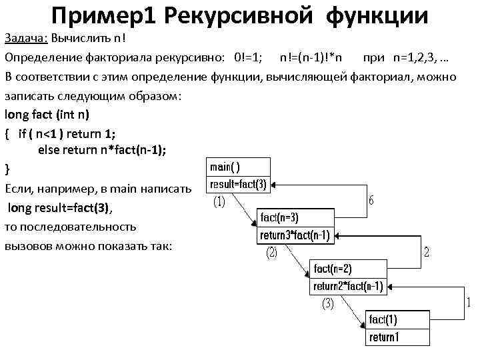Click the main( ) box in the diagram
pyautogui.click(x=239, y=167)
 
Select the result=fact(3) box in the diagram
pyautogui.click(x=239, y=184)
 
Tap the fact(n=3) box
pyautogui.click(x=295, y=217)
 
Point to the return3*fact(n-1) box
pyautogui.click(x=295, y=235)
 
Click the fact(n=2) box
pyautogui.click(x=347, y=269)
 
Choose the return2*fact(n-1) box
pyautogui.click(x=347, y=286)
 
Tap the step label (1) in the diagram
pyautogui.click(x=219, y=201)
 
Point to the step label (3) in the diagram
pyautogui.click(x=327, y=304)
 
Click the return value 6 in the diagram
pyautogui.click(x=371, y=200)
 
